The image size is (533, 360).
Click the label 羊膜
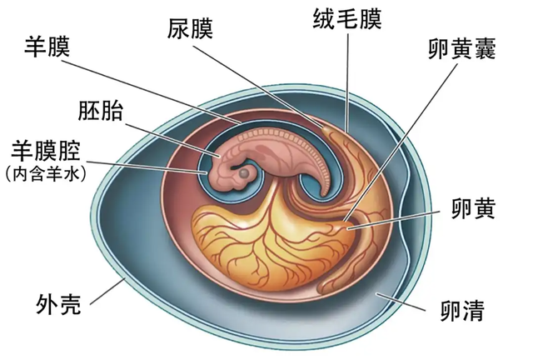(47, 47)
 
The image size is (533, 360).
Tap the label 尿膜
(190, 28)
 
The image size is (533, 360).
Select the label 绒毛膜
(347, 19)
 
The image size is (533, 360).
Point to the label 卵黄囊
(462, 48)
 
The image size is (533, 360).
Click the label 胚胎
(100, 110)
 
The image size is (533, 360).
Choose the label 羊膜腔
(46, 151)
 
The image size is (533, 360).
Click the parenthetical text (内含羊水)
(47, 174)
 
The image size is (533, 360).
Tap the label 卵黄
(473, 208)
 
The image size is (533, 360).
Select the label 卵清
(462, 310)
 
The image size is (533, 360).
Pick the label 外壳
(59, 304)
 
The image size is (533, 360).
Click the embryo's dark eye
(243, 173)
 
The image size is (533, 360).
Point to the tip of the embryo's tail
(323, 197)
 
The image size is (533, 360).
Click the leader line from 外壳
(107, 292)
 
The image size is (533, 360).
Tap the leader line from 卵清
(401, 301)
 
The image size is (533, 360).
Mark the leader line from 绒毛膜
(347, 82)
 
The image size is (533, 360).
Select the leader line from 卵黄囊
(401, 142)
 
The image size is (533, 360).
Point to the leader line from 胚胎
(173, 141)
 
